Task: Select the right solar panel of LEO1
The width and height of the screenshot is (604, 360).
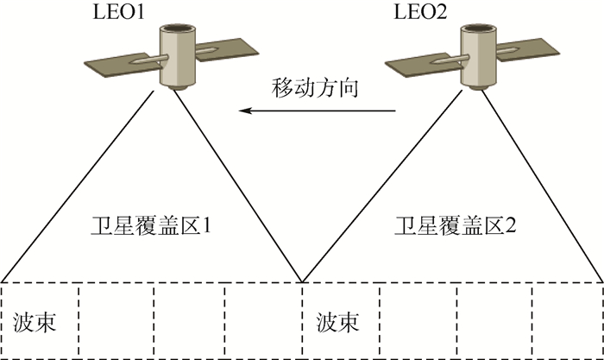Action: (229, 49)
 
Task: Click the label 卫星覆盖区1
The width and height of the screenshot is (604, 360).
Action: (152, 228)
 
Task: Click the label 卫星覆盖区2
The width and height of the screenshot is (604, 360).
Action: (455, 228)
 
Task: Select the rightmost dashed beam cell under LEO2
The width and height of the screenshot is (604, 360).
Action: (567, 320)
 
